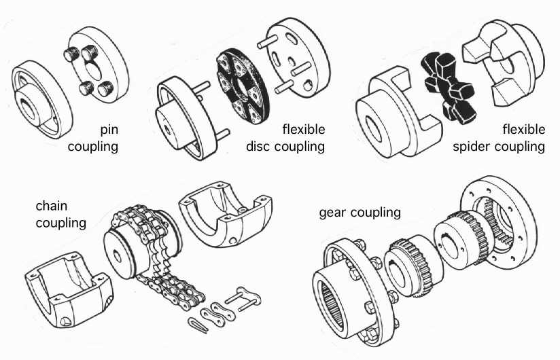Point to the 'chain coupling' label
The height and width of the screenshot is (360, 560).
(x=60, y=213)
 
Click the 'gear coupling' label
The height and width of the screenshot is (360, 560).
(x=360, y=213)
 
